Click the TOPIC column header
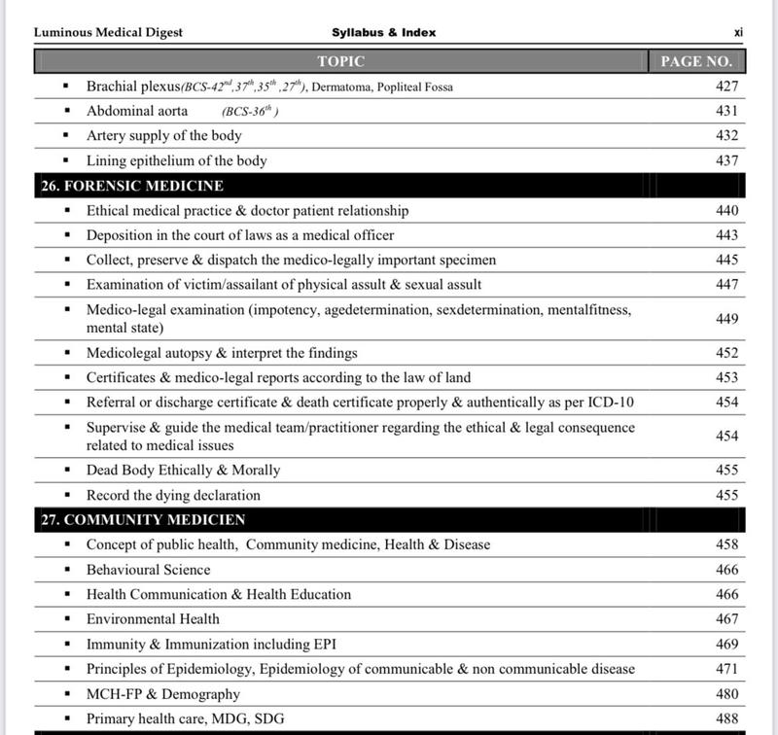pos(340,61)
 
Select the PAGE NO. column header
pos(695,61)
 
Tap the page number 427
pos(725,87)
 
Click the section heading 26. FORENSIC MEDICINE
pos(131,185)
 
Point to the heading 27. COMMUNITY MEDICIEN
pos(142,520)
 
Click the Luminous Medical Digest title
pos(108,32)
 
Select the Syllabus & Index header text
pos(383,32)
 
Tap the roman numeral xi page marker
pos(738,32)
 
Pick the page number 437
pos(725,160)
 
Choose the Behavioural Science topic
pos(148,570)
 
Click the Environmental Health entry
pos(153,618)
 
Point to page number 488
pos(725,718)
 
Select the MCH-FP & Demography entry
pos(162,694)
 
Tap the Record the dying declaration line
pos(173,495)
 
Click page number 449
pos(725,319)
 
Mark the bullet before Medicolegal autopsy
pos(66,353)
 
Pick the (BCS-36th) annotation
pos(250,112)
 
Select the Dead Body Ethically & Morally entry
pos(183,470)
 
